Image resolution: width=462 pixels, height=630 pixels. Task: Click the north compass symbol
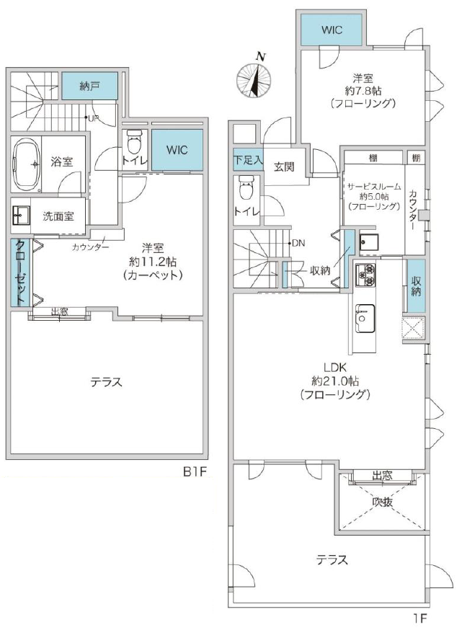pyautogui.click(x=254, y=79)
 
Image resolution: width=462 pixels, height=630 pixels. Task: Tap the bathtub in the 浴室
pyautogui.click(x=27, y=165)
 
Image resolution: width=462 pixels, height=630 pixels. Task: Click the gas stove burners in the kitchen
pyautogui.click(x=365, y=275)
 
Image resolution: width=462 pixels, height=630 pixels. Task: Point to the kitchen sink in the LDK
pyautogui.click(x=365, y=319)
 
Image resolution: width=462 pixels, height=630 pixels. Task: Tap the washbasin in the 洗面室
pyautogui.click(x=21, y=216)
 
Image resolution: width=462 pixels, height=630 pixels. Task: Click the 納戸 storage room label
pyautogui.click(x=89, y=86)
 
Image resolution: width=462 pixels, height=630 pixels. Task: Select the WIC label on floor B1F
pyautogui.click(x=177, y=150)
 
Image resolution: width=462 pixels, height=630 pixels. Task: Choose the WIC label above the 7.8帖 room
pyautogui.click(x=332, y=30)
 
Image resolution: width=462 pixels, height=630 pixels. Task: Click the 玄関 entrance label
pyautogui.click(x=284, y=167)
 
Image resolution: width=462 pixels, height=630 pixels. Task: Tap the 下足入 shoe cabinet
pyautogui.click(x=248, y=160)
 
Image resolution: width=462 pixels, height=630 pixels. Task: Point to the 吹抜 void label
pyautogui.click(x=382, y=502)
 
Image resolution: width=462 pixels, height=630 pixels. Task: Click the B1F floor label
pyautogui.click(x=195, y=471)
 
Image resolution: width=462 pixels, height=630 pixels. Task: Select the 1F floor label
pyautogui.click(x=420, y=618)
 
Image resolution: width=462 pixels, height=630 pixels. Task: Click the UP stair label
pyautogui.click(x=93, y=118)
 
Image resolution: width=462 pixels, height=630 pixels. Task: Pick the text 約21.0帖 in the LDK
pyautogui.click(x=334, y=381)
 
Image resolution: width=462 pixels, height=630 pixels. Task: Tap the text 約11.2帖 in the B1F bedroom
pyautogui.click(x=153, y=262)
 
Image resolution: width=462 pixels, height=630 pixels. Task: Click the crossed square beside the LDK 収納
pyautogui.click(x=414, y=328)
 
